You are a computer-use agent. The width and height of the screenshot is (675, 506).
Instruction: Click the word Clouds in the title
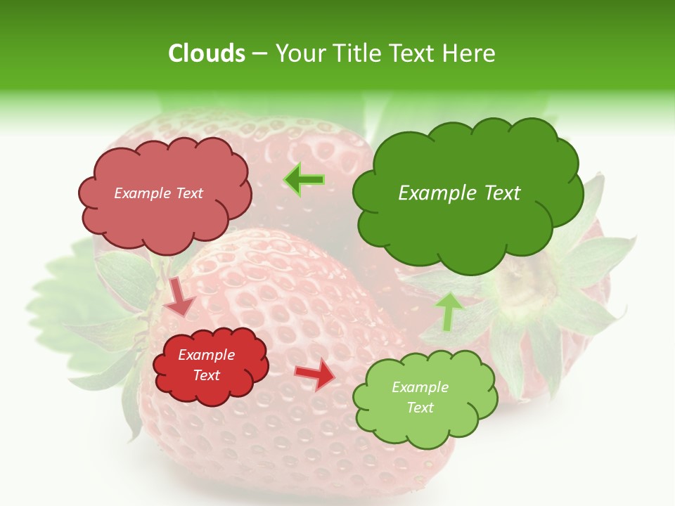(206, 53)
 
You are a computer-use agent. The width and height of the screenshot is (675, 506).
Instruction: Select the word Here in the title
(472, 53)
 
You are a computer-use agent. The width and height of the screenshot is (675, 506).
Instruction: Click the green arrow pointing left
(304, 181)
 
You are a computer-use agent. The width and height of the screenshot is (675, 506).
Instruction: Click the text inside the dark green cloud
(459, 193)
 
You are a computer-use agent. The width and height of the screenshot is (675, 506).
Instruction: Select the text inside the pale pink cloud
(158, 193)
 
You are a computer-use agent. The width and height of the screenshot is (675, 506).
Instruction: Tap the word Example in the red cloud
(206, 355)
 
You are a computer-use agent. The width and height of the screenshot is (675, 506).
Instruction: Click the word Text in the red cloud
(206, 375)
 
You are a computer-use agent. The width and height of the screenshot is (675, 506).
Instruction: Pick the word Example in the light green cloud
(420, 387)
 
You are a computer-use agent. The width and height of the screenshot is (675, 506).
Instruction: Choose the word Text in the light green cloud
(420, 408)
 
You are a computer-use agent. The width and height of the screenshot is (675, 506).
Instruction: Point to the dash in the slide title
(259, 54)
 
